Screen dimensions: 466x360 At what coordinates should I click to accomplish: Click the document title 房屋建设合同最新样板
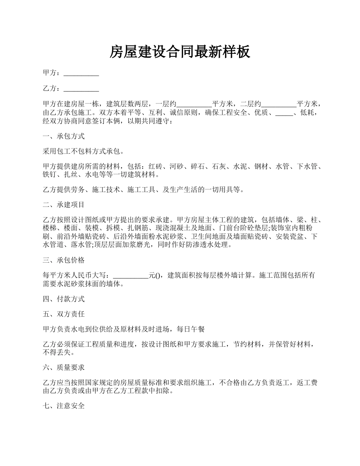pyautogui.click(x=180, y=52)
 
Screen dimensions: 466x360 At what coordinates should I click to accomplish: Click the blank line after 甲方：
pyautogui.click(x=81, y=73)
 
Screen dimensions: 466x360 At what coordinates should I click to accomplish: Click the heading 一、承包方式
pyautogui.click(x=64, y=136)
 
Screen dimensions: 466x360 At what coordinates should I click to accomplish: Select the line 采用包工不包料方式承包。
pyautogui.click(x=83, y=152)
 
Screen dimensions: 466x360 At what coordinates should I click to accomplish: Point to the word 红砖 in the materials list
pyautogui.click(x=155, y=167)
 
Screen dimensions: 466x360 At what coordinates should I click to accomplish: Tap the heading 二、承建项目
pyautogui.click(x=64, y=205)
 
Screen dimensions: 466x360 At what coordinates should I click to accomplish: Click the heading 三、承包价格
pyautogui.click(x=64, y=260)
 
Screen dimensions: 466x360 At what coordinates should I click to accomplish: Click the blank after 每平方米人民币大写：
pyautogui.click(x=131, y=275)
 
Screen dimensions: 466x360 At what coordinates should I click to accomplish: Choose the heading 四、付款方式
pyautogui.click(x=64, y=299)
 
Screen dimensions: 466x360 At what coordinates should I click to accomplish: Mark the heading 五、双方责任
pyautogui.click(x=64, y=314)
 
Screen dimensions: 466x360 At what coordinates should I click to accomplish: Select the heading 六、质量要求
pyautogui.click(x=64, y=367)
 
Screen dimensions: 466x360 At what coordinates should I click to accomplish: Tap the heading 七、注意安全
pyautogui.click(x=64, y=406)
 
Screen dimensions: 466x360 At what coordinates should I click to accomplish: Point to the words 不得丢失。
pyautogui.click(x=59, y=353)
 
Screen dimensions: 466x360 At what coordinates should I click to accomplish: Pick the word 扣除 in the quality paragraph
pyautogui.click(x=163, y=391)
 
